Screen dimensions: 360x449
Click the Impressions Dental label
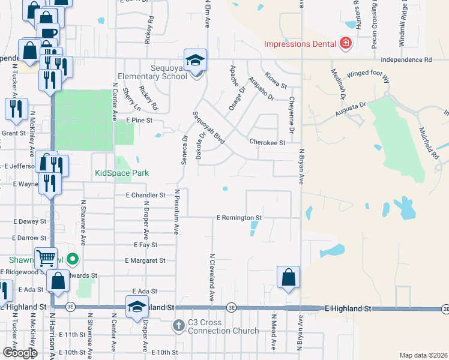click(300, 44)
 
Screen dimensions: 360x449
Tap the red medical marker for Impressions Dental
click(345, 43)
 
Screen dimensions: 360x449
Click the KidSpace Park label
click(122, 173)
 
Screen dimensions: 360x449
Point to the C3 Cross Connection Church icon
click(178, 326)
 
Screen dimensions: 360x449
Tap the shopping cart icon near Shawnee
click(46, 258)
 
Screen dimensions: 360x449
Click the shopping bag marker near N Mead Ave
click(289, 278)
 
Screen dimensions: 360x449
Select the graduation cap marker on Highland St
click(137, 305)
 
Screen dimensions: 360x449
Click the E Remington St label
click(239, 217)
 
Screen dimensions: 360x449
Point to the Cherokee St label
click(267, 143)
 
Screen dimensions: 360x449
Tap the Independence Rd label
click(410, 60)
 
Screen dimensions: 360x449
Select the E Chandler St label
click(145, 195)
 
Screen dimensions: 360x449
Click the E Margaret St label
click(145, 260)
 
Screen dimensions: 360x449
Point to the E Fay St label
click(145, 245)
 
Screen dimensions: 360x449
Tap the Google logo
click(20, 352)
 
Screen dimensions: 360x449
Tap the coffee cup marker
click(48, 33)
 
